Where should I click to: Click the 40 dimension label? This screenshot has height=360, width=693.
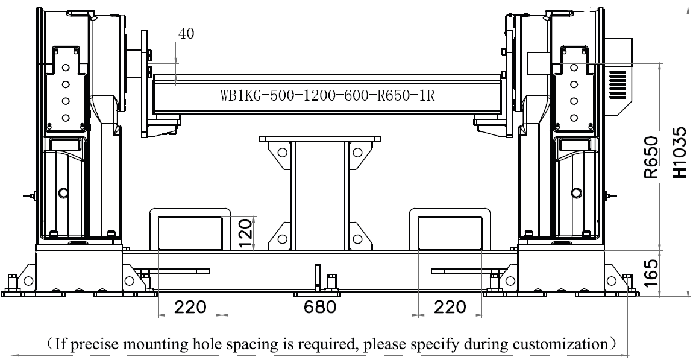(186, 34)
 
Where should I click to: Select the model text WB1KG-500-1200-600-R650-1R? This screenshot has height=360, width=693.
(327, 95)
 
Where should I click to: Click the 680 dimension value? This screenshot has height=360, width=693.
(320, 306)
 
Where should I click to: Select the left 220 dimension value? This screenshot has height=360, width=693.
(190, 306)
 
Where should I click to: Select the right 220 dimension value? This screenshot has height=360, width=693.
(450, 306)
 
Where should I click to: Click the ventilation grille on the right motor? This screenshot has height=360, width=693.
(618, 84)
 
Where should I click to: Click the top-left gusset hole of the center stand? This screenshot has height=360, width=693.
(282, 153)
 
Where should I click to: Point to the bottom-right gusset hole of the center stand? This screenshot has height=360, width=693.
(357, 239)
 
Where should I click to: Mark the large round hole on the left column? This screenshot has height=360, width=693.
(64, 193)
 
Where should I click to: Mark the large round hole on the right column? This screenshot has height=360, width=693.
(576, 193)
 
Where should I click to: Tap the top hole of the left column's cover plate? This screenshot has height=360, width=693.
(66, 68)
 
